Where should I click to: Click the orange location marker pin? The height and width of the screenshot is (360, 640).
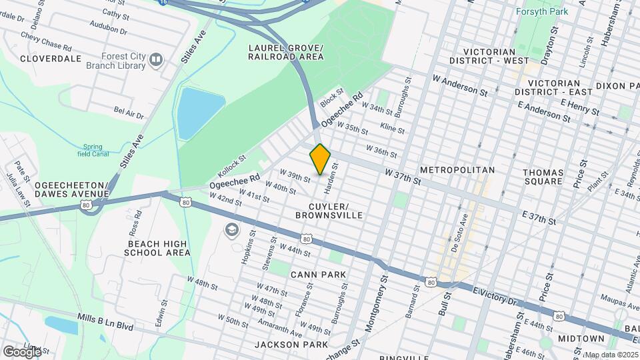point(321,159)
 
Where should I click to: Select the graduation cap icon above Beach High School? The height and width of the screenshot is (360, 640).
point(232,229)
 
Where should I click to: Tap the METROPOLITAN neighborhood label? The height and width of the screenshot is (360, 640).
point(457,170)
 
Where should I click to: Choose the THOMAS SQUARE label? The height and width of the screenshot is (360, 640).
point(543,177)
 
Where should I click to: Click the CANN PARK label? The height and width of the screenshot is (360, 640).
point(318,275)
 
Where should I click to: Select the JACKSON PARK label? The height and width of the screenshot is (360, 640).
point(291,345)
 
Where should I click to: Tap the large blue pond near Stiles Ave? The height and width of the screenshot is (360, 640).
point(200,112)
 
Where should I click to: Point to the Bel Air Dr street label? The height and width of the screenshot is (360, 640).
point(129,112)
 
